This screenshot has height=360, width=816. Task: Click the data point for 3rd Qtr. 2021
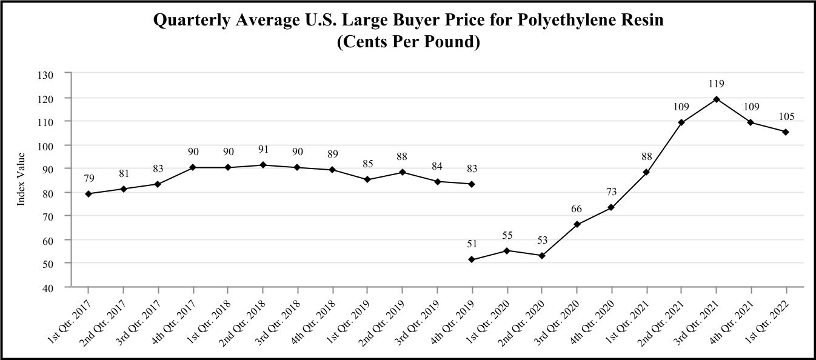[x=717, y=99]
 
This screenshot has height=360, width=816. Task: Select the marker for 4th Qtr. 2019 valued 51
[x=472, y=259]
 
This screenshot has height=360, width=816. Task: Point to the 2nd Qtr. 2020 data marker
[x=541, y=256]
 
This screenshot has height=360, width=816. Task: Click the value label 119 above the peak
[x=717, y=84]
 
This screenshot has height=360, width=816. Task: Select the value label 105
[x=786, y=116]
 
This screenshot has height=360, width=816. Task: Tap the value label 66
[x=577, y=209]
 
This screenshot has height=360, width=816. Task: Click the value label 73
[x=612, y=192]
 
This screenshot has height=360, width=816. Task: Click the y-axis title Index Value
[x=21, y=180]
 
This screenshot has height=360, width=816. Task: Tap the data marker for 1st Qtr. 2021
[x=647, y=172]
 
